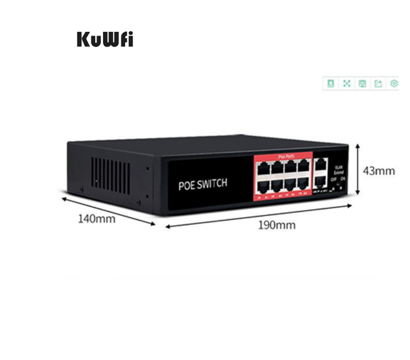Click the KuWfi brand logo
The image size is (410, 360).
(x=104, y=39)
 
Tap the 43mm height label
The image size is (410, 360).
(x=379, y=170)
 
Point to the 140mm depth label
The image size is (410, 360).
(x=96, y=218)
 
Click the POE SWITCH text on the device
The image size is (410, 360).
(x=203, y=183)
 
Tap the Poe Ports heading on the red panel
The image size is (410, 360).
(x=285, y=157)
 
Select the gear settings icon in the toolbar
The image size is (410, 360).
(x=394, y=83)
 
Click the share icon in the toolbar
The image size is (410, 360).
(x=378, y=83)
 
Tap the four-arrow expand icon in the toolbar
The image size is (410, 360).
(x=346, y=83)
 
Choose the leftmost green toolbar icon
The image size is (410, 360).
(x=330, y=83)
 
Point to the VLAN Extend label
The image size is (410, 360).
(x=338, y=170)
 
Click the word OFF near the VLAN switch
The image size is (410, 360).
(x=333, y=178)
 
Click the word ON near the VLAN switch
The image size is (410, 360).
(x=343, y=178)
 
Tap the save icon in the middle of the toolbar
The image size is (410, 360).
(x=362, y=83)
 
